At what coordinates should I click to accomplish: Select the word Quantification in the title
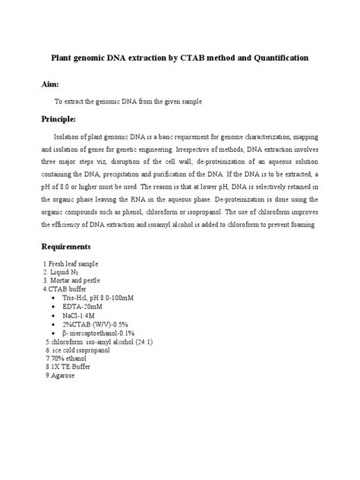[x=277, y=58]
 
